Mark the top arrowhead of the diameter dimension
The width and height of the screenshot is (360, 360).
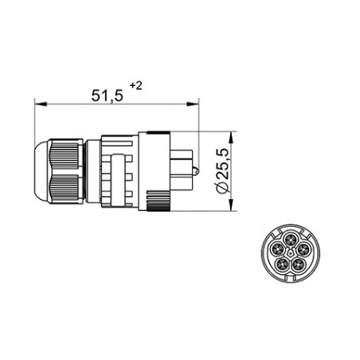click(x=231, y=135)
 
